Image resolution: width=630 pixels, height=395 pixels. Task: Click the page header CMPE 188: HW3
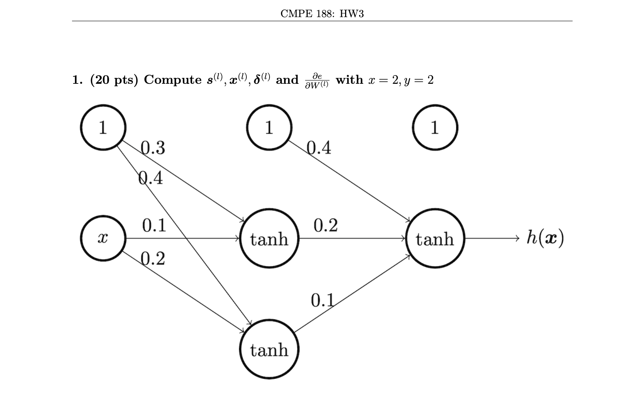(322, 14)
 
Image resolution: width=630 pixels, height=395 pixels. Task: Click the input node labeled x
(103, 238)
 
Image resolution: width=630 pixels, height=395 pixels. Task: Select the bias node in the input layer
(103, 127)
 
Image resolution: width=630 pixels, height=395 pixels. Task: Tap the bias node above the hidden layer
(269, 127)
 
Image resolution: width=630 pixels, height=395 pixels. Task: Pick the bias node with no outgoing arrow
(435, 127)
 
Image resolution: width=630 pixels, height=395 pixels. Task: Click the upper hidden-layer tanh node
(269, 238)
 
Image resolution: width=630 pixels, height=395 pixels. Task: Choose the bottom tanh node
(269, 349)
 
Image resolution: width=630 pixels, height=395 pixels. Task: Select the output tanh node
(435, 238)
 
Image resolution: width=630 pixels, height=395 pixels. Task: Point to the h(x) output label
(545, 238)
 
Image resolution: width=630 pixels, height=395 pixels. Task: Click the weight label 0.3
(153, 148)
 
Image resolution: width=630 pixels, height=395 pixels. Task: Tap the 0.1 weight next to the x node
(154, 225)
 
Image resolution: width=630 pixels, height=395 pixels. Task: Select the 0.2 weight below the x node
(153, 258)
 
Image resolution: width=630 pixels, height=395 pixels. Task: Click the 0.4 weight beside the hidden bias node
(319, 147)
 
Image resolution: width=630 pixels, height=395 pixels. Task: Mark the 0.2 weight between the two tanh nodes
(326, 225)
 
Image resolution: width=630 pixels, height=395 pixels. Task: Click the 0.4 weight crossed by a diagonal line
(150, 178)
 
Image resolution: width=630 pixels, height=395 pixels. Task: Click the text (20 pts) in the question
(114, 80)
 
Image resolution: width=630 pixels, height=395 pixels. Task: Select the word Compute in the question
(173, 80)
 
